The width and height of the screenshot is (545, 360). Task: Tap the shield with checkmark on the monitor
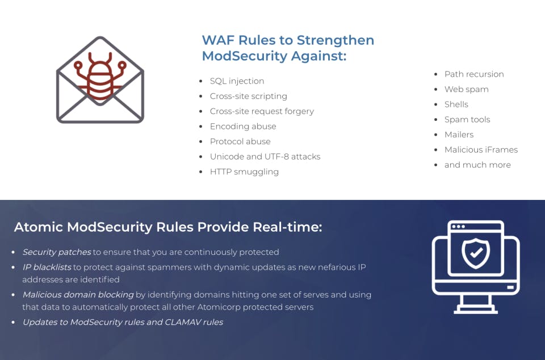pyautogui.click(x=476, y=253)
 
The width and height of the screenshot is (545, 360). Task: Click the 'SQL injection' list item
pyautogui.click(x=237, y=81)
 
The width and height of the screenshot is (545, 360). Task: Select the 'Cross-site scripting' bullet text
pyautogui.click(x=248, y=96)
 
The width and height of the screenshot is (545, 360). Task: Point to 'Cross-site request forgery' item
pyautogui.click(x=262, y=111)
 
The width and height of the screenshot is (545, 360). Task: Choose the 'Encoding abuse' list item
pyautogui.click(x=243, y=126)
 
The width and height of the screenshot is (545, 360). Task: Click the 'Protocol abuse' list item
pyautogui.click(x=240, y=141)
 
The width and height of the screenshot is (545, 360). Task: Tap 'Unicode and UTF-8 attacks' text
pyautogui.click(x=265, y=156)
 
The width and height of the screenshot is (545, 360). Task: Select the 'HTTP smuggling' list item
pyautogui.click(x=244, y=171)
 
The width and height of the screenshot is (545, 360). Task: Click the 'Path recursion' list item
pyautogui.click(x=474, y=74)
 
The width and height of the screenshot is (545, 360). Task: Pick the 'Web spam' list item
pyautogui.click(x=466, y=89)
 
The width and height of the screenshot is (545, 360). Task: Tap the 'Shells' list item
pyautogui.click(x=456, y=104)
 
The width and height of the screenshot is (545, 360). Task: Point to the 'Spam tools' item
pyautogui.click(x=467, y=119)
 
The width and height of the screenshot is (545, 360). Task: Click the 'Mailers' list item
pyautogui.click(x=459, y=135)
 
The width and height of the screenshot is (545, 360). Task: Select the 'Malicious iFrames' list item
pyautogui.click(x=481, y=149)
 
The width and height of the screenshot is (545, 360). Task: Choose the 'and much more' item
pyautogui.click(x=477, y=165)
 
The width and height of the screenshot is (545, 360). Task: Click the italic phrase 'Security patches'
pyautogui.click(x=56, y=252)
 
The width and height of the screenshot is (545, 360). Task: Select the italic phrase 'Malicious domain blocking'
pyautogui.click(x=78, y=295)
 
